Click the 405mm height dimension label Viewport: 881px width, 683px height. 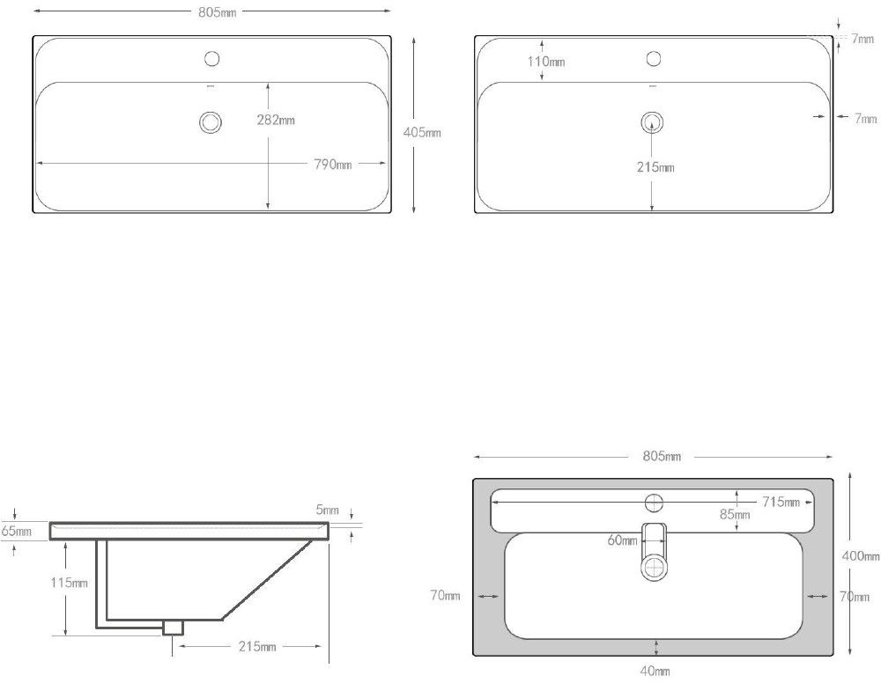(x=422, y=132)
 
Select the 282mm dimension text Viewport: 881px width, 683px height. (x=276, y=120)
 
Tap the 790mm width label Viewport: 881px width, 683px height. (x=333, y=164)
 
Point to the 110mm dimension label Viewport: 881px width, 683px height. (x=546, y=62)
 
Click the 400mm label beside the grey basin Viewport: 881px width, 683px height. (x=861, y=556)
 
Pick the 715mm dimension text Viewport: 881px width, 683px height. (x=781, y=502)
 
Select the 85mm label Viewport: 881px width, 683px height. (x=735, y=514)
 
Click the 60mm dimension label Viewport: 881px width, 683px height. (x=623, y=540)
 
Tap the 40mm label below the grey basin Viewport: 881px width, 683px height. (x=655, y=671)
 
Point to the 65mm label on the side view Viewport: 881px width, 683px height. (x=16, y=531)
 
